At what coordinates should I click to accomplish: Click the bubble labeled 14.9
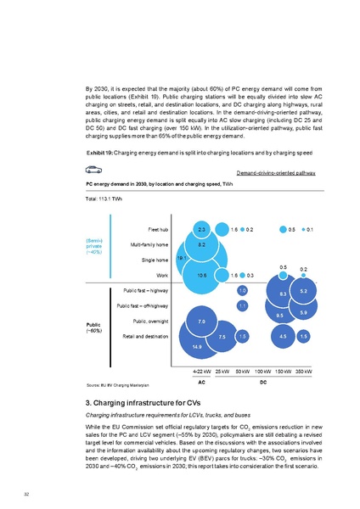click(197, 346)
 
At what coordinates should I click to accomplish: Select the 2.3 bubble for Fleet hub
click(201, 229)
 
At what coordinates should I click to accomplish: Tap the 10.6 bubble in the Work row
click(201, 275)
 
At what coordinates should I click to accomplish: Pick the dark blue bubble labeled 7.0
click(201, 322)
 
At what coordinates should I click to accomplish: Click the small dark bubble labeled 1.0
click(242, 290)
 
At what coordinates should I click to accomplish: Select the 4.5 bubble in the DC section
click(283, 337)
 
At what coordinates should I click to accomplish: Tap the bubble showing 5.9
click(303, 314)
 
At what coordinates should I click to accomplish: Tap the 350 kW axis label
click(303, 372)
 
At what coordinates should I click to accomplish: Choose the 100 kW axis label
click(262, 372)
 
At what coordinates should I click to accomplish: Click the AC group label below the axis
click(202, 382)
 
